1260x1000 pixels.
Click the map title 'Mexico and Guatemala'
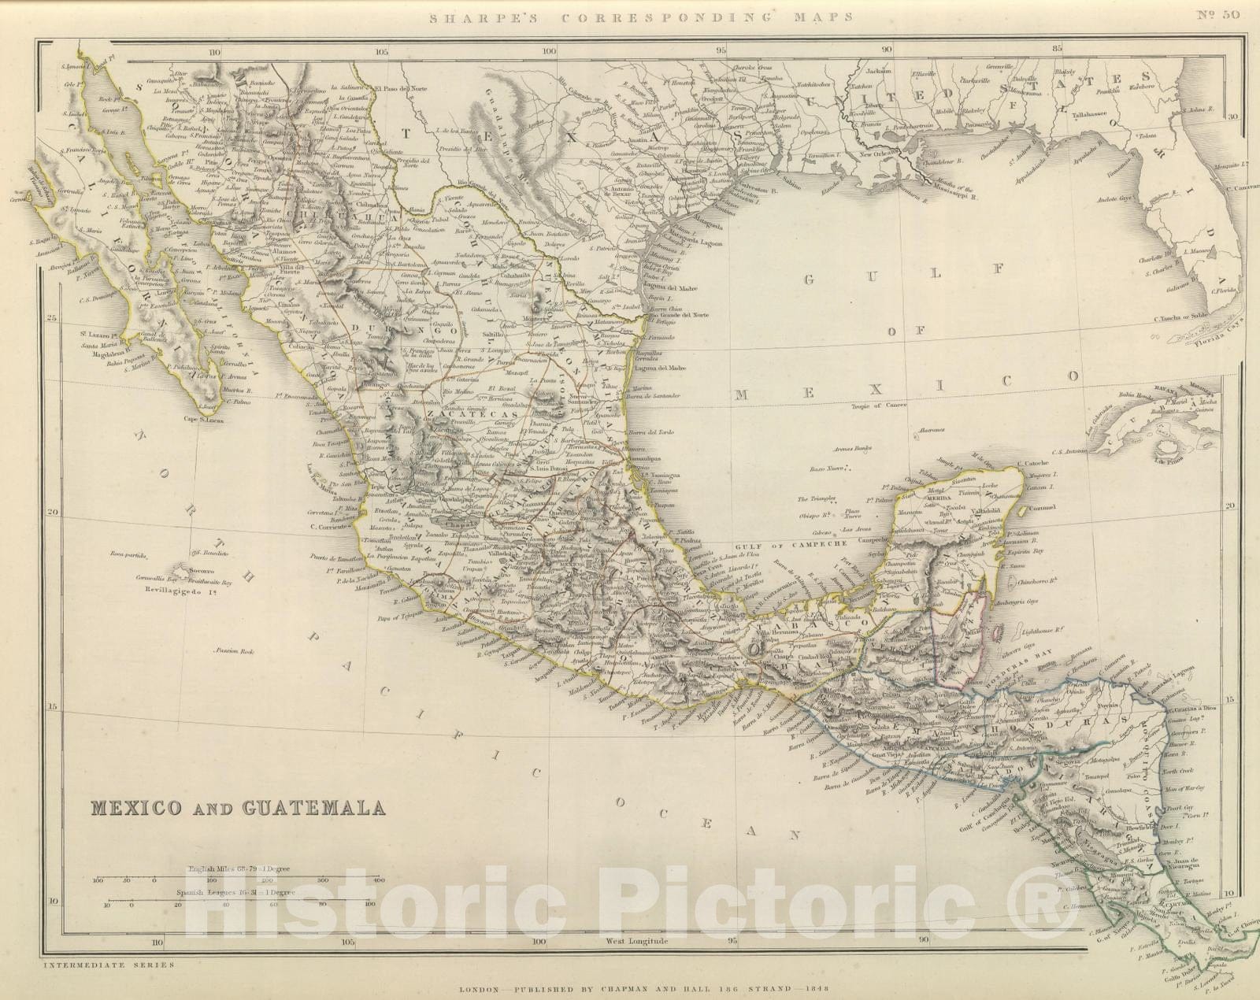click(239, 808)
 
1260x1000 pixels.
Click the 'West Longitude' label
click(636, 940)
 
